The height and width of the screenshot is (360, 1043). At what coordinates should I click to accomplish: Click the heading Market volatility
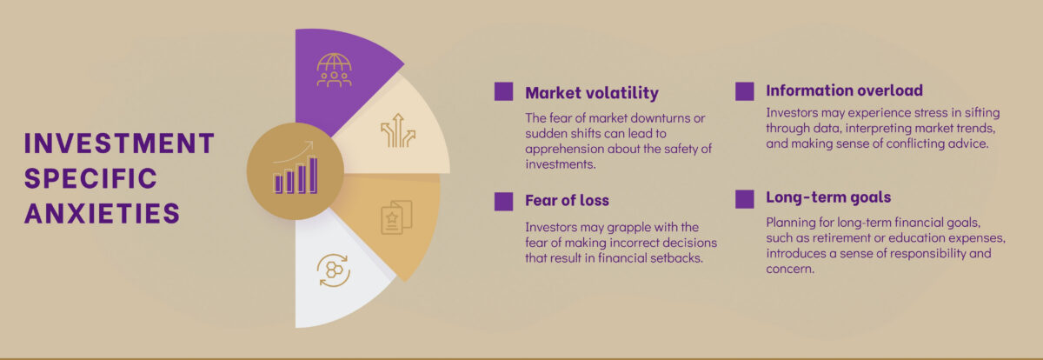(592, 93)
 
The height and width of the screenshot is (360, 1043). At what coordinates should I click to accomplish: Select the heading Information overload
(844, 90)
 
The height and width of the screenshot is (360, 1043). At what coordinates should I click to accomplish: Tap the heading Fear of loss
(567, 200)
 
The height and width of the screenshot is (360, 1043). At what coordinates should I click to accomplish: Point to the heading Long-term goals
(828, 197)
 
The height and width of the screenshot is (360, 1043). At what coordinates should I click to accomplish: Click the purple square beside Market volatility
(504, 91)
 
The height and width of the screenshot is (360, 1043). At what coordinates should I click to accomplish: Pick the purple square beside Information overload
(745, 91)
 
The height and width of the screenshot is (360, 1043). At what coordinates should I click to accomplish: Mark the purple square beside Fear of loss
(504, 202)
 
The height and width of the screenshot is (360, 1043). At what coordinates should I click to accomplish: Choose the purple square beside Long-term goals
(745, 199)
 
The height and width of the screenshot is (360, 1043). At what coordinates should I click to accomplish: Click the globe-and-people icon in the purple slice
(335, 70)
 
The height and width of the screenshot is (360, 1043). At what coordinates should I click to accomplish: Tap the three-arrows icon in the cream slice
(398, 130)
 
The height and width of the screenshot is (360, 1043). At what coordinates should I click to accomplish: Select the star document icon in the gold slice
(396, 217)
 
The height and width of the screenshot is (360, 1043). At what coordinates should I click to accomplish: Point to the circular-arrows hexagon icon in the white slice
(334, 270)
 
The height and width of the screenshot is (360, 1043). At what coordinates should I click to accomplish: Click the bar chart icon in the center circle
(296, 168)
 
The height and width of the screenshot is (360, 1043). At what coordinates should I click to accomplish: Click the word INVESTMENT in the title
(119, 143)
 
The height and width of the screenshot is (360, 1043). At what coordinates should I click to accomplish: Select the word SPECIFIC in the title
(90, 178)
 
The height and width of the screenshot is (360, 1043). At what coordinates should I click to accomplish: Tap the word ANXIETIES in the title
(102, 214)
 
